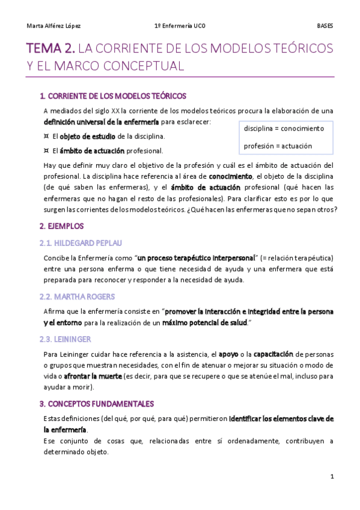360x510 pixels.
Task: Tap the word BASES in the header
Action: coord(325,26)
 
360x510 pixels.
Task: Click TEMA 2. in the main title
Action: coord(51,48)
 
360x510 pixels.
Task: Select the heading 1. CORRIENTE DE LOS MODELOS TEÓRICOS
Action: coord(112,96)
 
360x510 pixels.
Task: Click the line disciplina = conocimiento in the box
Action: coord(284,129)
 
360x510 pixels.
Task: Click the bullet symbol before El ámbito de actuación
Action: coord(46,150)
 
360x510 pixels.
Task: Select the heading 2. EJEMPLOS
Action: coord(61,226)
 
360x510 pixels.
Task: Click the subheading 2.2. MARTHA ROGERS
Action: coord(77,296)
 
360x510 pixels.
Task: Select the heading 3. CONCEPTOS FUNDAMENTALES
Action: coord(96,404)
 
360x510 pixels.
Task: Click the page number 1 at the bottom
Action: coord(332,476)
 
